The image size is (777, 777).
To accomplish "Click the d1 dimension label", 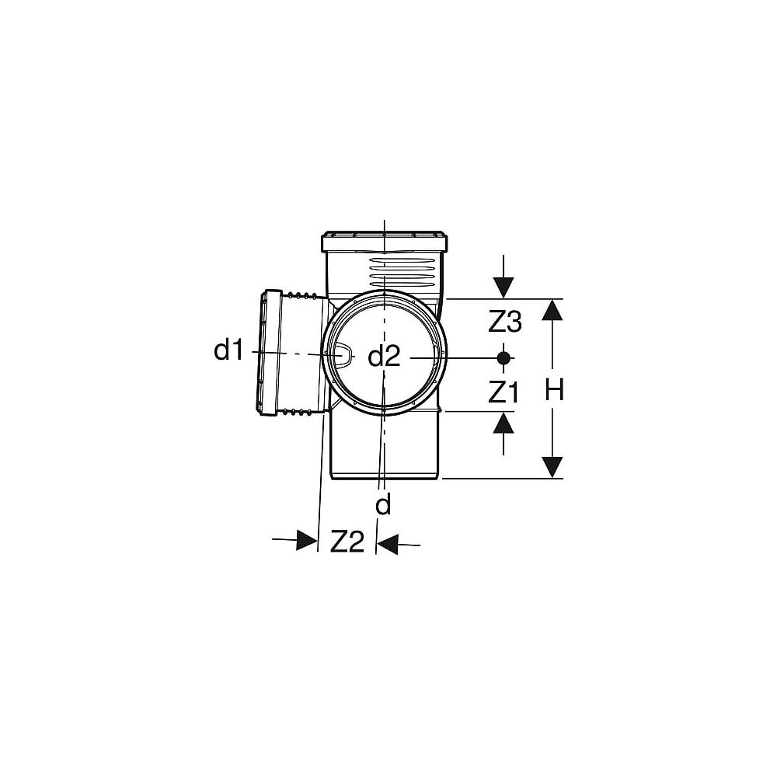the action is point(228,350).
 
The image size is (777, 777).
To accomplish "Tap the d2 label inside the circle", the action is point(384,357).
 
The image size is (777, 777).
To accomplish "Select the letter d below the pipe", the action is point(384,504).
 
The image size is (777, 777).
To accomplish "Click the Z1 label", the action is point(503,393).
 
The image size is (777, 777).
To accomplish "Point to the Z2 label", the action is point(347,542).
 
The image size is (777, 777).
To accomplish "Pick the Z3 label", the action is point(505,322).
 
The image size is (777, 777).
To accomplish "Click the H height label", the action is point(555,390).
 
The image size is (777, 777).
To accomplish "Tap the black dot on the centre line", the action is point(503,357).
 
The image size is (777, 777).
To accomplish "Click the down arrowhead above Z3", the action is point(503,288).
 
